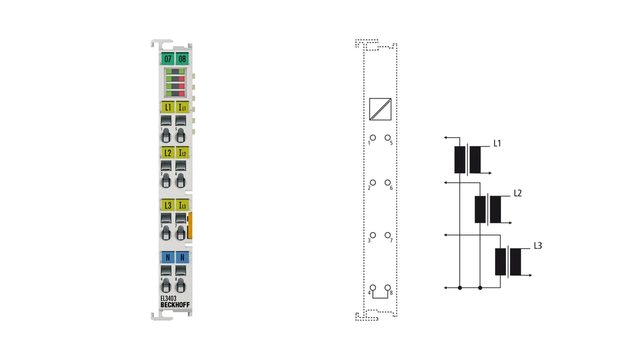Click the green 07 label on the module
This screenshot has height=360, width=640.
[x=167, y=59]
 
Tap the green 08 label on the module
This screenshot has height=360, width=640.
[x=182, y=59]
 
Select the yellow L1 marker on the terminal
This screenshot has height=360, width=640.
[x=167, y=107]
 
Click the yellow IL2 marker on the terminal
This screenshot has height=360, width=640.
[x=182, y=153]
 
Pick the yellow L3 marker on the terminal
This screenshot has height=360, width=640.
[x=167, y=205]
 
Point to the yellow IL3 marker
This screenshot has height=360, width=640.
[x=182, y=205]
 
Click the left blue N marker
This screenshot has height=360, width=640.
[x=167, y=258]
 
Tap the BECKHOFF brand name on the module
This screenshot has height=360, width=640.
[x=175, y=305]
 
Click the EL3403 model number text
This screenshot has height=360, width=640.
[x=169, y=298]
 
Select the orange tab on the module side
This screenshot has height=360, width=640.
[x=190, y=226]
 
